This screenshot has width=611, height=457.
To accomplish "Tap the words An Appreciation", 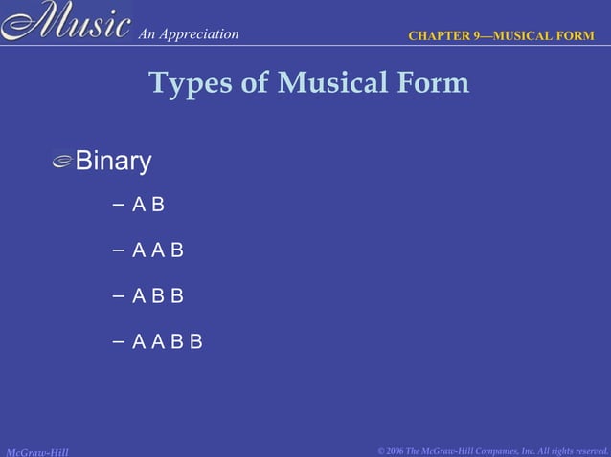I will (x=188, y=34).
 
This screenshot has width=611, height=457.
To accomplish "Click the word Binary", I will (x=113, y=162).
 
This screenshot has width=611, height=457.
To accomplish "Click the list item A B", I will (x=148, y=205).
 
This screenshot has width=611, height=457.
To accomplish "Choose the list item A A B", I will (x=158, y=250).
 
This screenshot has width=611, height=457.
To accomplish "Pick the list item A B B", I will (x=158, y=296).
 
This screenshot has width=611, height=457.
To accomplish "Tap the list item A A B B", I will (x=168, y=341).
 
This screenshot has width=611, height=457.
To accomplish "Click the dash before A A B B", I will (x=117, y=341).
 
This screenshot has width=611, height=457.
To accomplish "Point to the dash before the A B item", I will (x=117, y=205).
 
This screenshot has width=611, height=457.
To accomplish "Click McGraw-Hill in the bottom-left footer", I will (x=36, y=449).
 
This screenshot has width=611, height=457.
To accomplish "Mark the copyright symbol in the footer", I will (x=382, y=449).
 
